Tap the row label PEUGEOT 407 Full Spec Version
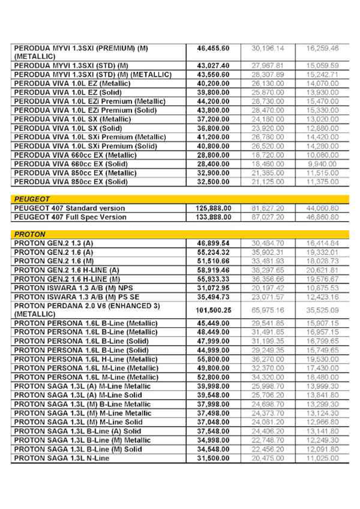tap(70, 217)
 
